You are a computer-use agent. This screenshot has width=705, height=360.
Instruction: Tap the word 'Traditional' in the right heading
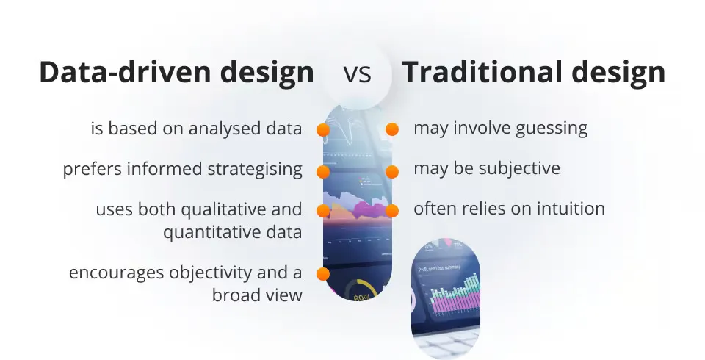[x=485, y=73]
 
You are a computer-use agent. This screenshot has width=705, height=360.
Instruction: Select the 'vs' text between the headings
[x=357, y=74]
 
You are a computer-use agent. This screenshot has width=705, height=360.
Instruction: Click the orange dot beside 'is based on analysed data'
[x=322, y=130]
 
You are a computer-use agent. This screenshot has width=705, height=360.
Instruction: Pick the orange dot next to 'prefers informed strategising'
[x=322, y=171]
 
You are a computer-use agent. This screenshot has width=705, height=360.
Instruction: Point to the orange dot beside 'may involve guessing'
[x=392, y=129]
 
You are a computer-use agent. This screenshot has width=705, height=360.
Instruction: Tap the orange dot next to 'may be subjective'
[x=392, y=171]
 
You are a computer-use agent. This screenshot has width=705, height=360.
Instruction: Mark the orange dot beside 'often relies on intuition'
[x=392, y=210]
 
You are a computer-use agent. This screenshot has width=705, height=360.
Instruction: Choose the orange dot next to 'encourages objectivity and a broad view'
[x=322, y=274]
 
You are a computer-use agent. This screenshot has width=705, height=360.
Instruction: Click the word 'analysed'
[x=216, y=129]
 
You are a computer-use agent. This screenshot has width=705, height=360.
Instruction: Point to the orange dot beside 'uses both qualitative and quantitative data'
[x=322, y=211]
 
